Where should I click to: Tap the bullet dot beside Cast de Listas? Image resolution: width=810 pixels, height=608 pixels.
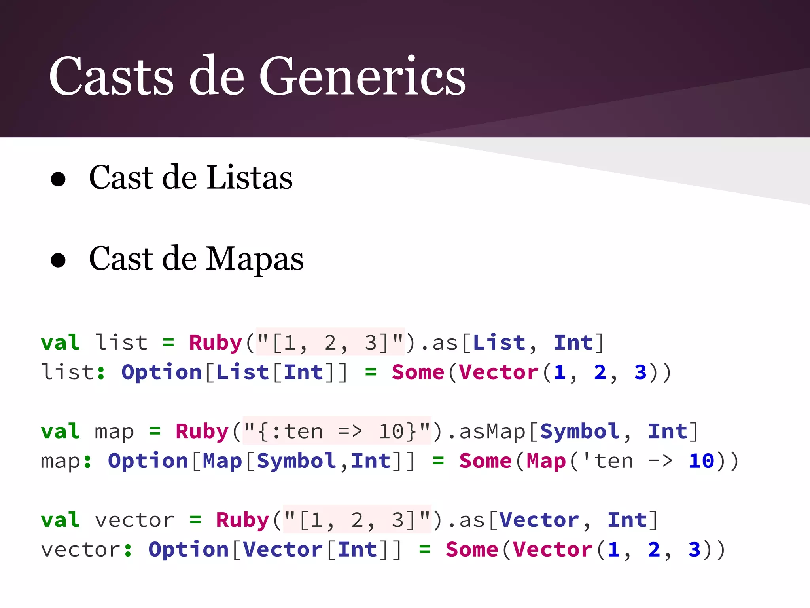tap(58, 179)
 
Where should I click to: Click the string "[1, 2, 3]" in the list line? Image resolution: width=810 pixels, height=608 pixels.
tap(330, 342)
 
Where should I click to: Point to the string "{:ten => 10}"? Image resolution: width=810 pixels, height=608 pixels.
tap(337, 431)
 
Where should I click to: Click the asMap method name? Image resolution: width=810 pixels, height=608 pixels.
tap(492, 431)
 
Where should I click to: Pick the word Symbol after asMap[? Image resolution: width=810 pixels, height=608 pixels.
tap(580, 431)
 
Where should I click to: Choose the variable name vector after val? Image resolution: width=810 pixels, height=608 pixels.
tap(134, 520)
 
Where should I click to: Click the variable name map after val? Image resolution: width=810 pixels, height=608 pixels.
tap(114, 432)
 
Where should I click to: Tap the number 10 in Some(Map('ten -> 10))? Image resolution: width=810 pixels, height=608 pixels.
tap(701, 461)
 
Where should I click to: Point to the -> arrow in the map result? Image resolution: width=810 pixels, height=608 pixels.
tap(660, 461)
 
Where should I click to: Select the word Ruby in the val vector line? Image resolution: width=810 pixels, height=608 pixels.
tap(242, 520)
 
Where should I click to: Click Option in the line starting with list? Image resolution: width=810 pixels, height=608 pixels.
tap(162, 372)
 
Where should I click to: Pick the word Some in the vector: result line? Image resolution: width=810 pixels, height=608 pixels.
tap(472, 549)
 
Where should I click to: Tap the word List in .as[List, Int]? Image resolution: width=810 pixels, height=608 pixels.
tap(499, 342)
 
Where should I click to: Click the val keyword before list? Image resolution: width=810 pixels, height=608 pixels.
tap(61, 342)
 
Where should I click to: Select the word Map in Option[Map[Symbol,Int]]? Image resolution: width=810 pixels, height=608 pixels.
tap(222, 461)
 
